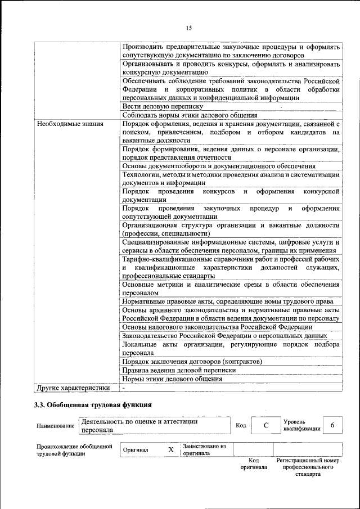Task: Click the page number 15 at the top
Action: (189, 28)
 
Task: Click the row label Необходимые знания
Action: (64, 123)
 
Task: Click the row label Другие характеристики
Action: (73, 388)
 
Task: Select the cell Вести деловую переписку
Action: (159, 106)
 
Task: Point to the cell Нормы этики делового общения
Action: (172, 379)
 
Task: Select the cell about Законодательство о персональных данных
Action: (224, 336)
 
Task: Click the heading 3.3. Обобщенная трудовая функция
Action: (92, 404)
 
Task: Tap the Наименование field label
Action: (55, 426)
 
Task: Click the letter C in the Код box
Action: (265, 425)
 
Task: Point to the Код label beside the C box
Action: (240, 425)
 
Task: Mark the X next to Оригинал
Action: (170, 450)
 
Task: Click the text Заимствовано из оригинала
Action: (204, 449)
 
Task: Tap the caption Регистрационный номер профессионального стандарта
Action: (308, 467)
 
